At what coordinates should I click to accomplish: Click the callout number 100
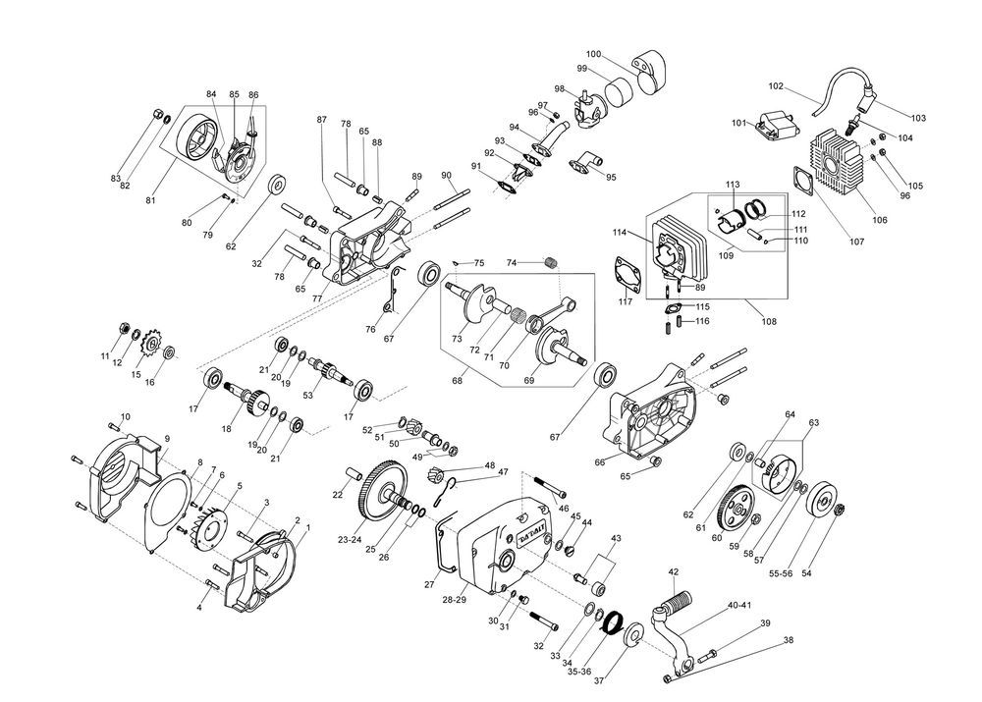coord(594,53)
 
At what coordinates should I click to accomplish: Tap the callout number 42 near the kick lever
coord(674,571)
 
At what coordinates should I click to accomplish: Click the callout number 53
coord(306,395)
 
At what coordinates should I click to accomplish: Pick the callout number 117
coord(626,300)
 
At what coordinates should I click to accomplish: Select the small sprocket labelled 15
coord(152,344)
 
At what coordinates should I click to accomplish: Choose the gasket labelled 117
coord(627,275)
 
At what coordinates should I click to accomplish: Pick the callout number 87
coord(321,119)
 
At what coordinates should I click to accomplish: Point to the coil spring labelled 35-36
coord(614,622)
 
